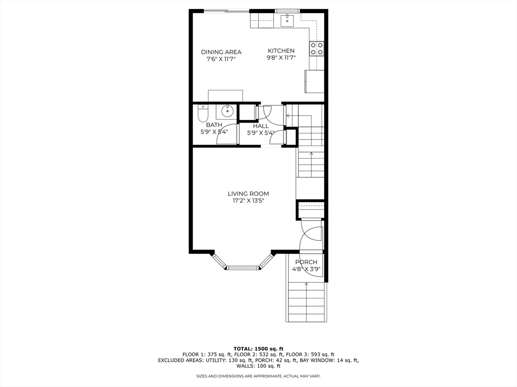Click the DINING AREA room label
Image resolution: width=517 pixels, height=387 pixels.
click(221, 52)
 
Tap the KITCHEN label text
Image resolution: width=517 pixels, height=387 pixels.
click(281, 51)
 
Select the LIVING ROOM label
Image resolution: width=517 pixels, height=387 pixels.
click(248, 194)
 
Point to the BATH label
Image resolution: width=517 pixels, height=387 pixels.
click(214, 125)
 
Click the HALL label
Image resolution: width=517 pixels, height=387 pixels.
click(261, 126)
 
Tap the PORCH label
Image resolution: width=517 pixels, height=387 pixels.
click(306, 262)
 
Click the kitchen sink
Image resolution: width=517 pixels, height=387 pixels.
click(287, 20)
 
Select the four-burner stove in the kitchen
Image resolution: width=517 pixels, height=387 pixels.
click(317, 48)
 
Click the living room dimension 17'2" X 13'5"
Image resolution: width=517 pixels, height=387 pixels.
click(248, 201)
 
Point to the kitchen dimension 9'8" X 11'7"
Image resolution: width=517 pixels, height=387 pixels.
click(281, 58)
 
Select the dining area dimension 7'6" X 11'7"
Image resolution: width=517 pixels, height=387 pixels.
click(221, 59)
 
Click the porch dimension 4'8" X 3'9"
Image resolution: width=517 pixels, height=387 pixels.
click(306, 269)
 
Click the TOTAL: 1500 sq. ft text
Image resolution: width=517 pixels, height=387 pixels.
click(258, 349)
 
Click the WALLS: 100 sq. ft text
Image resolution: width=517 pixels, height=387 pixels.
click(258, 366)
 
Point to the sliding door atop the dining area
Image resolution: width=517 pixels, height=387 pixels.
click(227, 12)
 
